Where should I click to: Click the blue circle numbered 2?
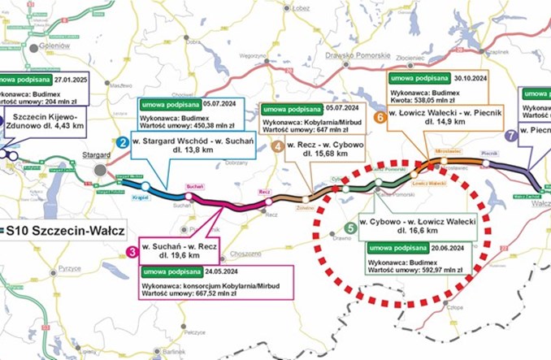coord(122,143)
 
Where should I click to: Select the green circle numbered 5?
coord(349,228)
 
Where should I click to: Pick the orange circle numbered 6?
coord(379,117)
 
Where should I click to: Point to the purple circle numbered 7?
coord(510,137)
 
